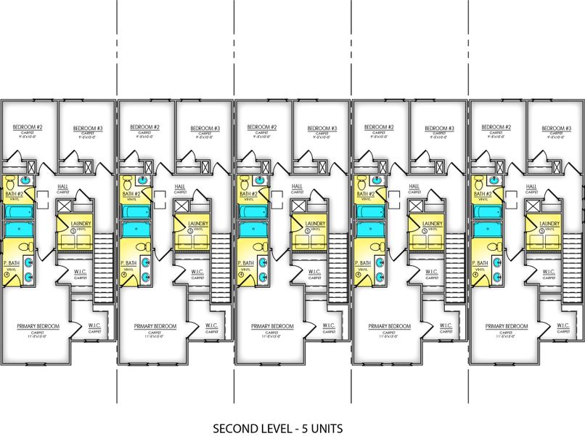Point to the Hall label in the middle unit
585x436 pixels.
296,186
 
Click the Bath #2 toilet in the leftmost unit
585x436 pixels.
10,182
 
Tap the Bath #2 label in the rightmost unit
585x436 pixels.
482,194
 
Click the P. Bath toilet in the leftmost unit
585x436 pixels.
26,246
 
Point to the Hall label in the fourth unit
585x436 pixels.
414,186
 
